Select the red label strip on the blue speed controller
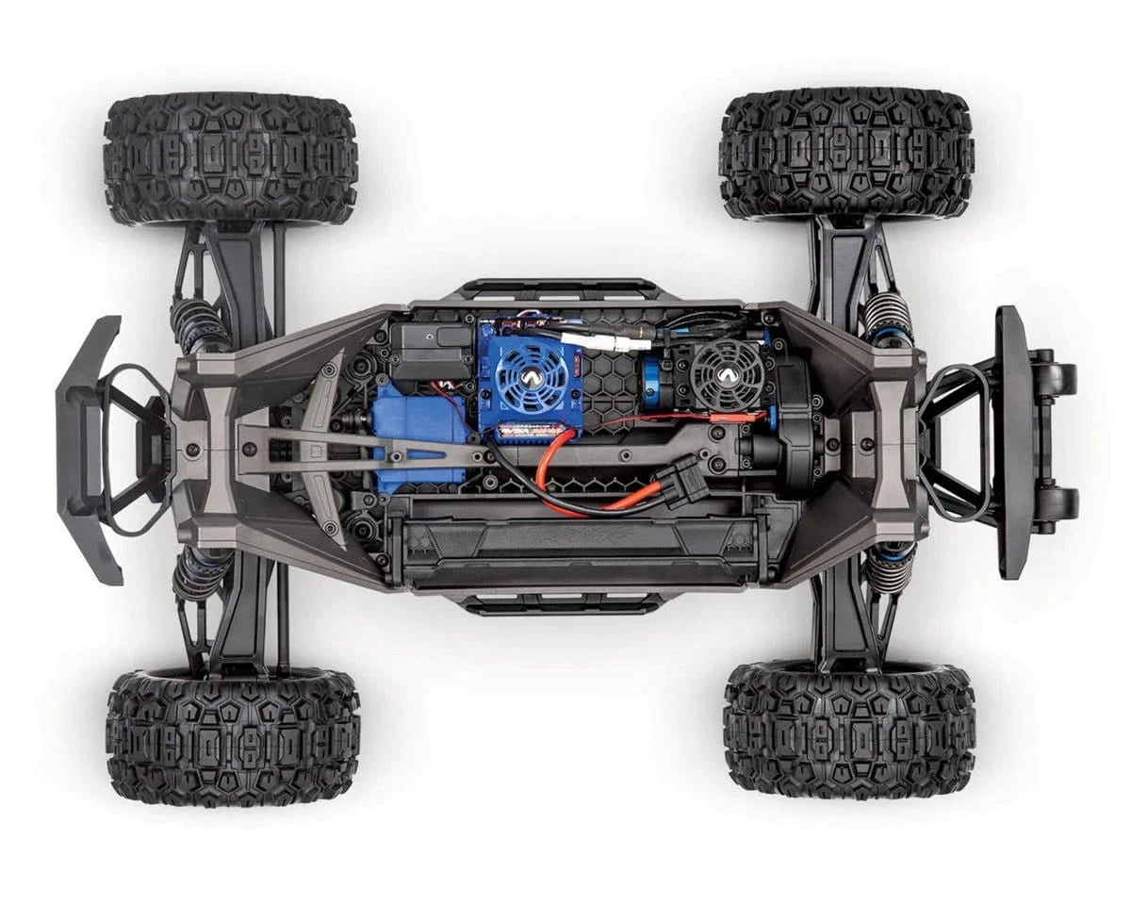pyautogui.click(x=528, y=431)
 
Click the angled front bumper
pyautogui.click(x=90, y=451)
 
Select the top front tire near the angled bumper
pyautogui.click(x=230, y=158)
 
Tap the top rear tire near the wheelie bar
pyautogui.click(x=846, y=154)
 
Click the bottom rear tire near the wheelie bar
pyautogui.click(x=848, y=728)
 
